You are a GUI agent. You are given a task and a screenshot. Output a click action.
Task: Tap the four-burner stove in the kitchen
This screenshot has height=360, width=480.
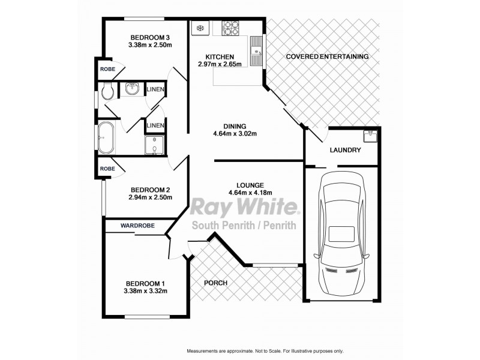tap(231, 27)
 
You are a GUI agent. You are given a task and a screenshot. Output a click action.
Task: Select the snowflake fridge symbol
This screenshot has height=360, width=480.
tap(199, 28)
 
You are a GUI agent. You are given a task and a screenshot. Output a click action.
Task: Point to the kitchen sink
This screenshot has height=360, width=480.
tap(256, 50)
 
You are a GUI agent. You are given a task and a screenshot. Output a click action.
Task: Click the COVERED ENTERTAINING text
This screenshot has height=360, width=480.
tap(327, 56)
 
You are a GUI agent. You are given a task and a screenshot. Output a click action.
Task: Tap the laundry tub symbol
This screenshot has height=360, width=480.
tap(371, 134)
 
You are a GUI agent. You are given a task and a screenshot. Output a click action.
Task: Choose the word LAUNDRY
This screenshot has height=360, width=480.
tap(345, 150)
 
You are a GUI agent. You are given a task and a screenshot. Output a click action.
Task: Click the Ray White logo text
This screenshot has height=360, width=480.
tap(244, 207)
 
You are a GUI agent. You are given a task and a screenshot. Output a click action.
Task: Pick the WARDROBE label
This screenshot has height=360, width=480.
tap(137, 226)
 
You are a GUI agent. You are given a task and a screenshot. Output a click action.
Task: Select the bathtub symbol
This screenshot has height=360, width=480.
tap(107, 137)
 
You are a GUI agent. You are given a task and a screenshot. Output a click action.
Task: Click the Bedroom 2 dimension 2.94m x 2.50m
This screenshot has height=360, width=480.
tap(150, 197)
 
